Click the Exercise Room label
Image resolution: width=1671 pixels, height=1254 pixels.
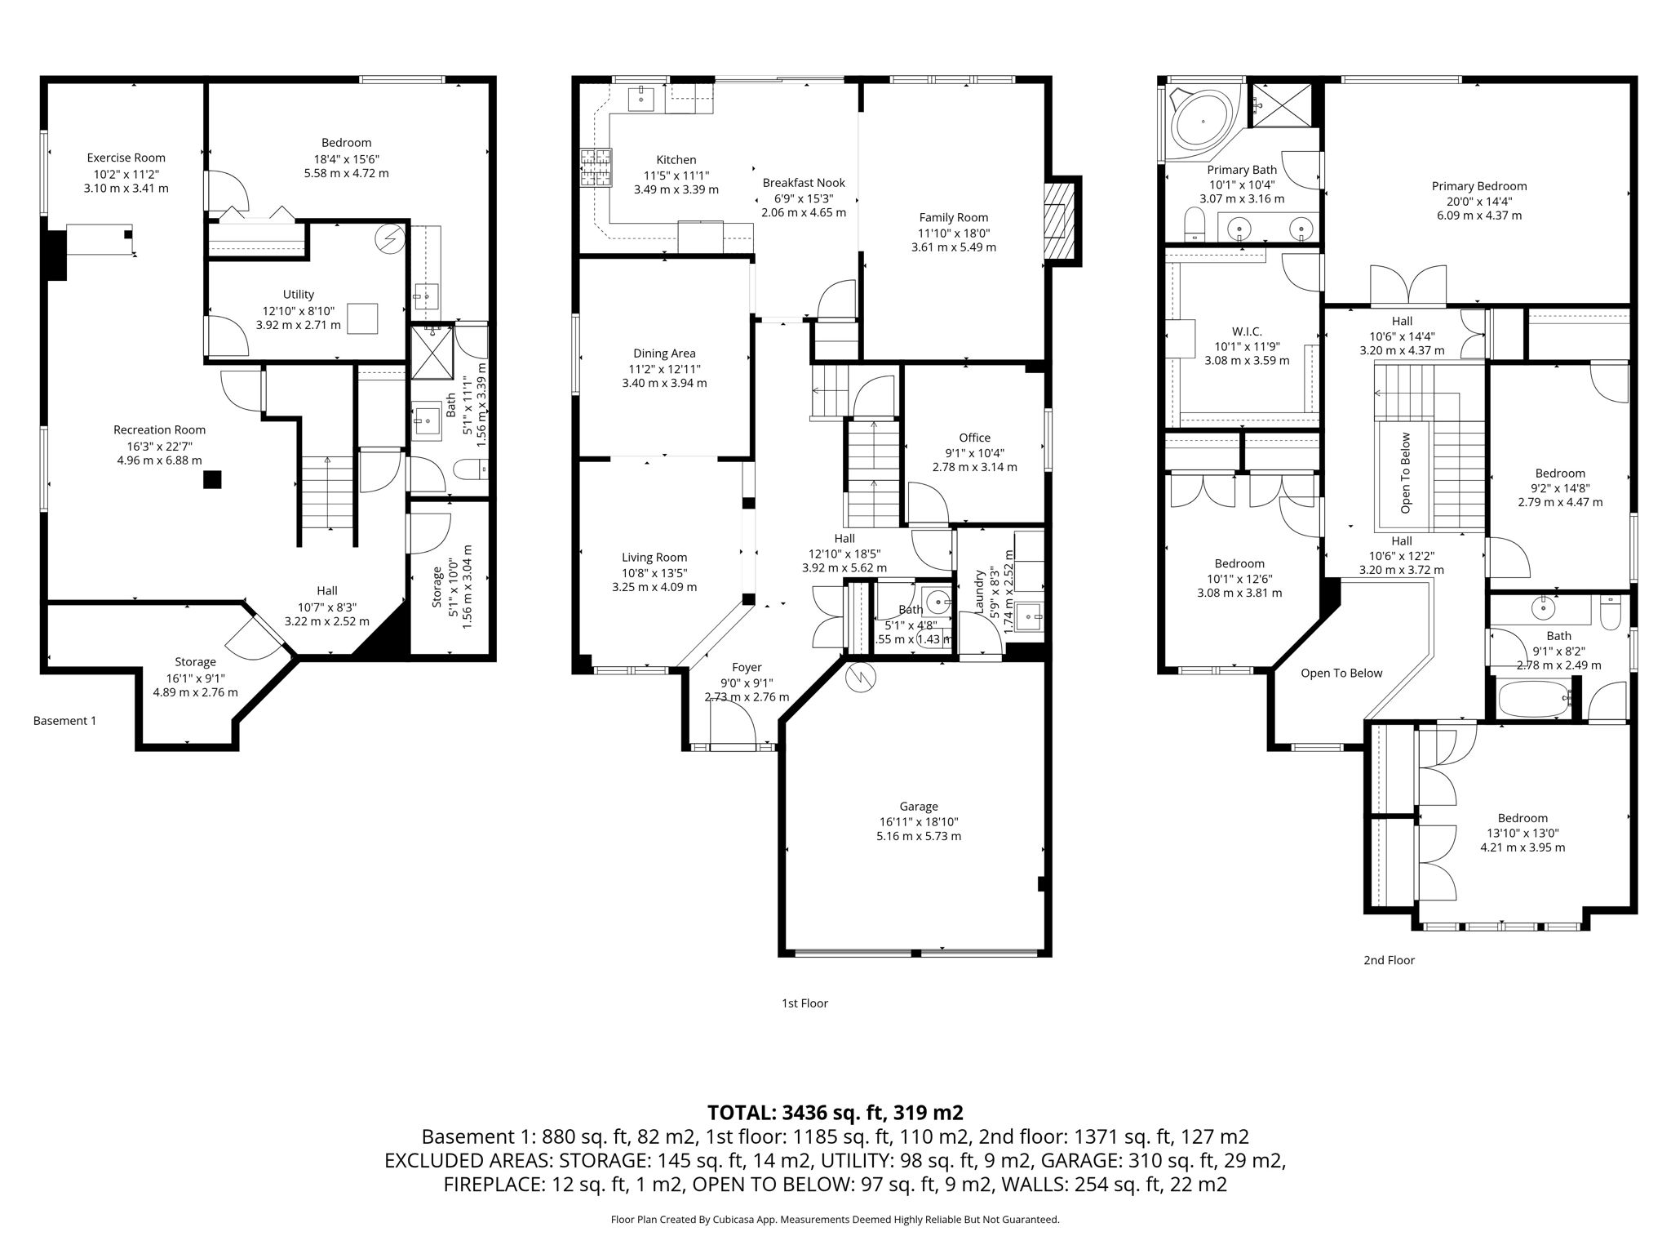pyautogui.click(x=126, y=158)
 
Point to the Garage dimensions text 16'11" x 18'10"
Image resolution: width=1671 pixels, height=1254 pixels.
pyautogui.click(x=919, y=822)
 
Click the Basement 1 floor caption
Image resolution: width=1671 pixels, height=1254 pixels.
pyautogui.click(x=64, y=721)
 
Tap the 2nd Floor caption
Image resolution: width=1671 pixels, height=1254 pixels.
pyautogui.click(x=1389, y=960)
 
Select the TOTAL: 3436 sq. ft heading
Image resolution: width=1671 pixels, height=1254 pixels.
pyautogui.click(x=835, y=1112)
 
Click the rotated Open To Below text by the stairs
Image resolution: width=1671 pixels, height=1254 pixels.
pyautogui.click(x=1405, y=474)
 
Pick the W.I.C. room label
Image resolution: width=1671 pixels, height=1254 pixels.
pyautogui.click(x=1247, y=331)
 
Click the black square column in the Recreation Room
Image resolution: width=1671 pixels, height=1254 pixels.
pyautogui.click(x=212, y=480)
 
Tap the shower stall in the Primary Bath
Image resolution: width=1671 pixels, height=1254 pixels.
pyautogui.click(x=1284, y=104)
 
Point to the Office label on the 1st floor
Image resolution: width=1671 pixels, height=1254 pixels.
pyautogui.click(x=974, y=438)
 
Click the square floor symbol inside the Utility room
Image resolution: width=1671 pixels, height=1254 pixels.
pyautogui.click(x=362, y=318)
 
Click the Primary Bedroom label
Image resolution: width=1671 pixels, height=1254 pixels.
pyautogui.click(x=1478, y=186)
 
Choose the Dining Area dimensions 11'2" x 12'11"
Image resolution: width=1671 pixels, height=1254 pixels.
pyautogui.click(x=664, y=368)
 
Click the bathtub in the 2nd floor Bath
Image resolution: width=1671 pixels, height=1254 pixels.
pyautogui.click(x=1535, y=700)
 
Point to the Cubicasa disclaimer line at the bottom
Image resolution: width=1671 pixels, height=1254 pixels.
pyautogui.click(x=835, y=1220)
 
